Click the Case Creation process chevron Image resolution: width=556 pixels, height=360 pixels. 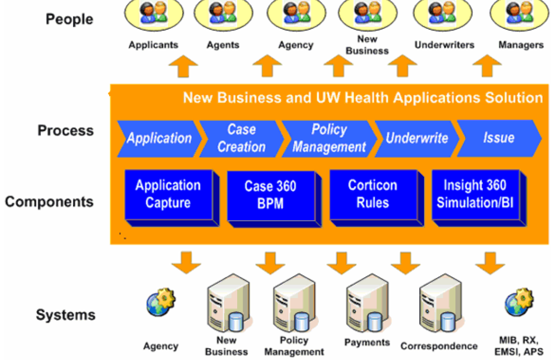(241, 138)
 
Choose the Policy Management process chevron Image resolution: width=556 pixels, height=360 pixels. (329, 138)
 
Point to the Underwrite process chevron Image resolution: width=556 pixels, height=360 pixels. (416, 138)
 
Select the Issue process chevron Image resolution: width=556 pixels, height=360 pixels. (499, 138)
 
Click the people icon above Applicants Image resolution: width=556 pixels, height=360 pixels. (153, 14)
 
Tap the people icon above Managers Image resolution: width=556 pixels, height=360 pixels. (519, 14)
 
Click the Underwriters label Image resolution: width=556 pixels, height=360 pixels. (444, 45)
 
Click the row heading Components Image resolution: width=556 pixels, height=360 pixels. (49, 201)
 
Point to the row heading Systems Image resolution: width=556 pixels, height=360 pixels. (66, 314)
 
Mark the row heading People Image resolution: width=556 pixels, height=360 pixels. (69, 19)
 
